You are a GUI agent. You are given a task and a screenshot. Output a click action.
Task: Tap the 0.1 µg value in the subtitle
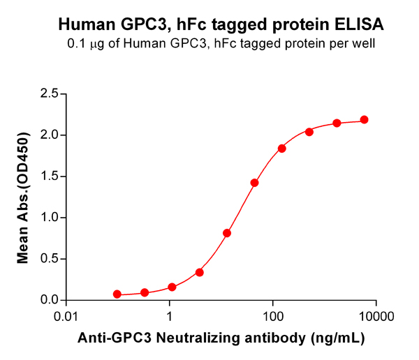point(82,45)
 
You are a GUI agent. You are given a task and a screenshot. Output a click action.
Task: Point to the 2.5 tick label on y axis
point(49,93)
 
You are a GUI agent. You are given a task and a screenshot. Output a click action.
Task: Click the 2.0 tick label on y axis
point(49,135)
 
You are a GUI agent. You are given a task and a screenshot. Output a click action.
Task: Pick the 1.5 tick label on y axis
point(49,176)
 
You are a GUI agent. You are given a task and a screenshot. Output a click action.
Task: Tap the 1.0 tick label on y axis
point(49,217)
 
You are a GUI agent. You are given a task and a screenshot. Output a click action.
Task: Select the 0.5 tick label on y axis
point(49,259)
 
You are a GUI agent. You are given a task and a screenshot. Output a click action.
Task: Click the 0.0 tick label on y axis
point(49,300)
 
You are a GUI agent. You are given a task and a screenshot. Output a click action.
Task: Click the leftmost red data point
point(117,294)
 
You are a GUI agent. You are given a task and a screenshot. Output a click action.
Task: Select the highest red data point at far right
point(364,120)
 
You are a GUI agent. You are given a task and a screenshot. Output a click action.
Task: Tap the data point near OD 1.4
point(254,183)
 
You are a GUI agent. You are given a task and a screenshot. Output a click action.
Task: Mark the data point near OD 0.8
point(227,233)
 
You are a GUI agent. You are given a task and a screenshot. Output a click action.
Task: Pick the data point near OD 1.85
point(282,149)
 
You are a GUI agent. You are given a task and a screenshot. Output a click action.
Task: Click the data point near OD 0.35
point(200,272)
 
